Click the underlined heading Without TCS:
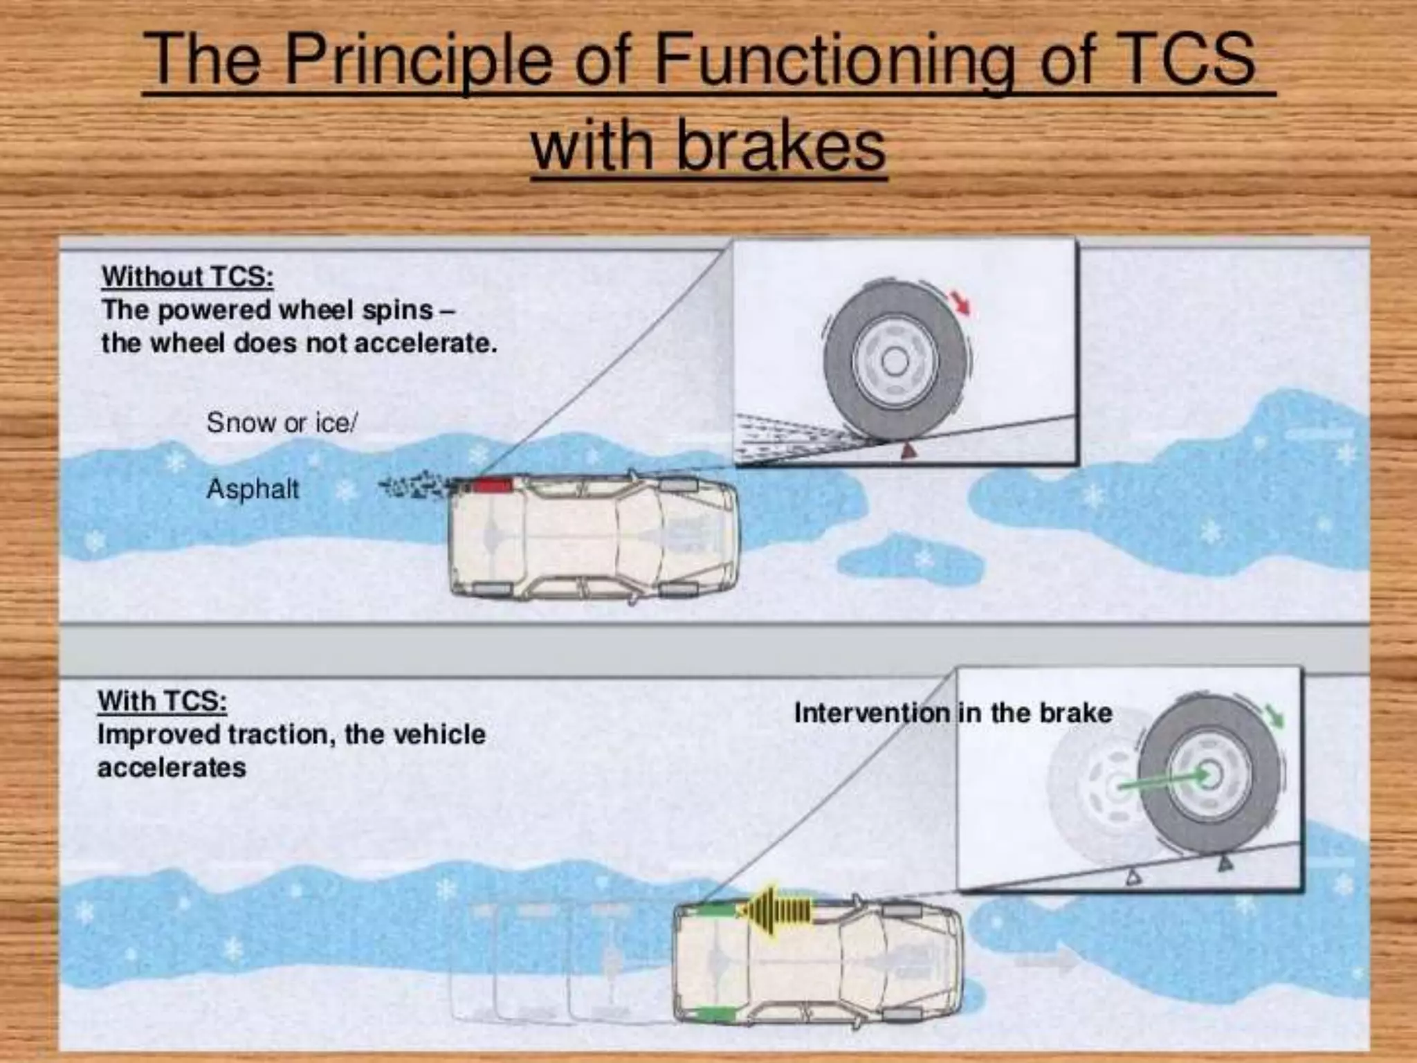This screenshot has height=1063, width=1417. [x=188, y=277]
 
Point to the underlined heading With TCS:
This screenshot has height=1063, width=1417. [x=162, y=701]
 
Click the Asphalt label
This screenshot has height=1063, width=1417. [x=253, y=489]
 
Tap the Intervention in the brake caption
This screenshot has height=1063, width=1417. [x=953, y=713]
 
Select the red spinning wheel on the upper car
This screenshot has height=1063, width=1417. [x=491, y=485]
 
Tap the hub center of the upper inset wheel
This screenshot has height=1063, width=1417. [x=895, y=361]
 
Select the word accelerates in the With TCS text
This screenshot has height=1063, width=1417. [x=172, y=768]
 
